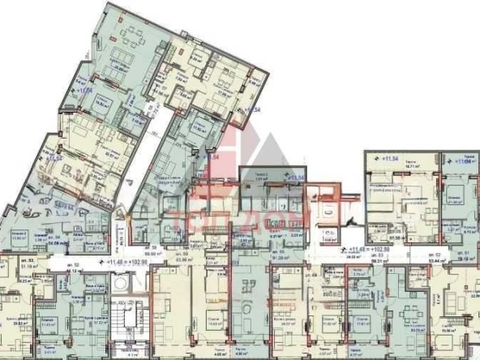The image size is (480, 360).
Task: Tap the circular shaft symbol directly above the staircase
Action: (122, 285)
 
